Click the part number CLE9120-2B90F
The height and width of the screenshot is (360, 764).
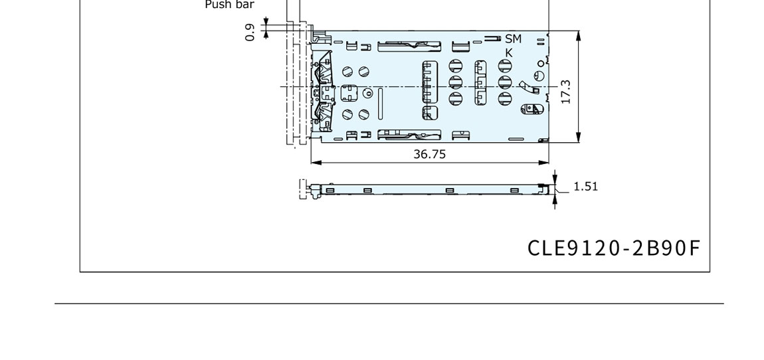[x=614, y=248]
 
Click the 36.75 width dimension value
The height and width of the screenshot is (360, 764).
[x=429, y=154]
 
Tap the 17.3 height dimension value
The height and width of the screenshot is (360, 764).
[x=565, y=92]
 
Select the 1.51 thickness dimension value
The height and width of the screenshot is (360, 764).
[x=586, y=187]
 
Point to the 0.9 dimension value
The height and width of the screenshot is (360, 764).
[x=250, y=33]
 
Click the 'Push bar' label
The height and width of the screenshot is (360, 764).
[x=229, y=5]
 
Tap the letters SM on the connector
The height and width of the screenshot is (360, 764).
[x=513, y=39]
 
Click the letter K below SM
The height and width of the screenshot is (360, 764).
[x=509, y=52]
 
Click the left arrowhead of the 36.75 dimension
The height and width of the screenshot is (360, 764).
[x=316, y=162]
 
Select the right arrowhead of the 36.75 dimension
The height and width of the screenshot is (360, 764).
[x=543, y=162]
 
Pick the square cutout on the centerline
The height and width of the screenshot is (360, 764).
[x=349, y=93]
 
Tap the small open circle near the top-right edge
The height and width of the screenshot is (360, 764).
[x=541, y=64]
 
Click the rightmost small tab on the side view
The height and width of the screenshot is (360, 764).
[x=514, y=189]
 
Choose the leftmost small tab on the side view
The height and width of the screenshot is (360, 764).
[x=330, y=189]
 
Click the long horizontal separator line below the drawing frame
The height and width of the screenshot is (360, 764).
[x=389, y=304]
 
